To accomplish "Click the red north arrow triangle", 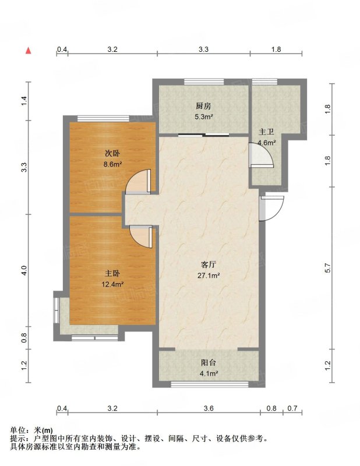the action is (x=28, y=51).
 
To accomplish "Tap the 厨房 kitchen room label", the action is (x=203, y=106).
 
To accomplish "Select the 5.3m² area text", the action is (x=204, y=117).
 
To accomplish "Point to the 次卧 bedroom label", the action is (x=112, y=153).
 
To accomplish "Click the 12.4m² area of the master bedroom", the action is (x=112, y=284).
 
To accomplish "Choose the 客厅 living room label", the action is (x=209, y=264).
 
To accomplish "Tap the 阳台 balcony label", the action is (x=209, y=362).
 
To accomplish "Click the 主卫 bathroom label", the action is (x=266, y=132).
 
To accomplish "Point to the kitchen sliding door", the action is (x=204, y=136).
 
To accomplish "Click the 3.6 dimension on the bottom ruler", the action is (x=209, y=408).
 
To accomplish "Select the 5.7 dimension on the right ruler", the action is (x=327, y=268).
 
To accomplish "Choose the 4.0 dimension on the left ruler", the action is (x=24, y=270).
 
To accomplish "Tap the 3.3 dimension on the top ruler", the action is (x=204, y=50).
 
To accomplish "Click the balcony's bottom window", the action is (x=210, y=384).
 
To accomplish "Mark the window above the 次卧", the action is (x=104, y=118).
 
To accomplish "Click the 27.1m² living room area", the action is (x=209, y=276).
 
